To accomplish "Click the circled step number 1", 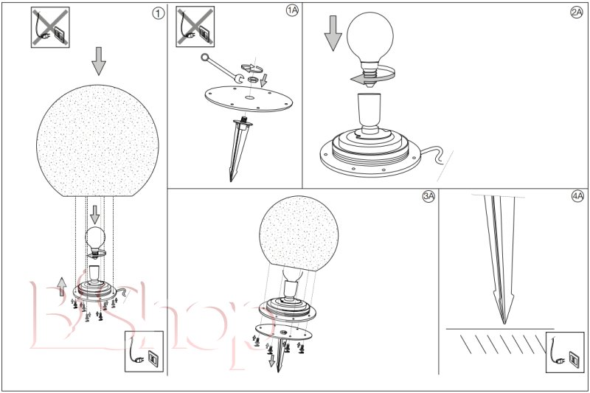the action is click(x=158, y=13).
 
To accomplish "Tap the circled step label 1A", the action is click(x=292, y=10).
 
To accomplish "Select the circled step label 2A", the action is click(x=577, y=13).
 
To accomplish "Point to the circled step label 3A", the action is click(x=428, y=196).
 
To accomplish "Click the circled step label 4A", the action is click(x=577, y=196).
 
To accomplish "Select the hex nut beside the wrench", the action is click(x=252, y=80).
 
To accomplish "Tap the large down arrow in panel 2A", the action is click(x=333, y=33).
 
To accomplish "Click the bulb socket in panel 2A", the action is click(x=369, y=113).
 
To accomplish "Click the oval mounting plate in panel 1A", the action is click(x=249, y=99).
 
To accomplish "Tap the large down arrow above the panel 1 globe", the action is click(x=99, y=61).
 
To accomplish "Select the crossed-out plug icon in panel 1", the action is click(x=50, y=27).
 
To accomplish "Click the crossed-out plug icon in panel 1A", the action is click(x=195, y=27).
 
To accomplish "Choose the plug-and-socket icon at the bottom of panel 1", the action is click(x=144, y=351).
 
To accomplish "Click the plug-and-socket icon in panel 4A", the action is click(x=565, y=352).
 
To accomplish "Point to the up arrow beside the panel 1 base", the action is click(x=62, y=286).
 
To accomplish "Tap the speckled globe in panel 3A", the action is click(x=299, y=234).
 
